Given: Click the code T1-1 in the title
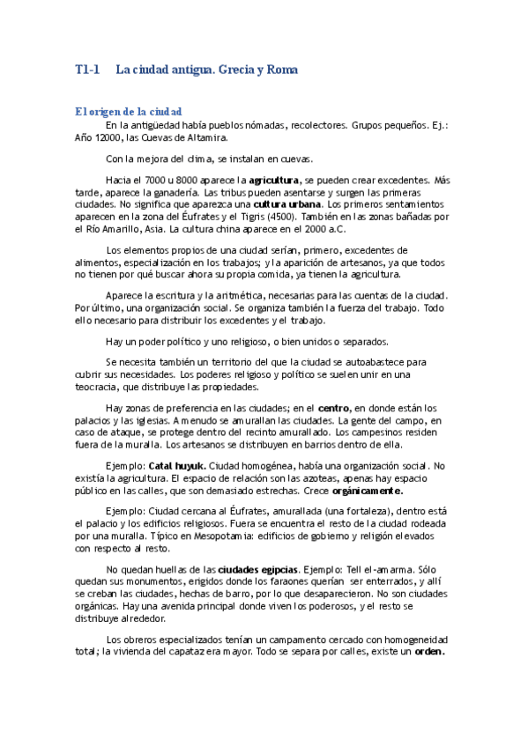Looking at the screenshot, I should click(88, 69).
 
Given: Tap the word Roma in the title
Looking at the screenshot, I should click(282, 69).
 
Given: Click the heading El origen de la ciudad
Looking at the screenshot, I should click(129, 112).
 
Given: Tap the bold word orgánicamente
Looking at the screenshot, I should click(364, 490).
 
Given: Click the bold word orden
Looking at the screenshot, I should click(429, 652).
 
